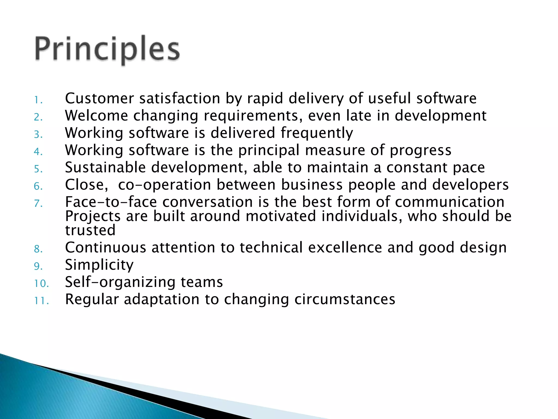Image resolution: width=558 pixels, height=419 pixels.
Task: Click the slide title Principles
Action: point(107,49)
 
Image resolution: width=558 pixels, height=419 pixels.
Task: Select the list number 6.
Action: point(38,186)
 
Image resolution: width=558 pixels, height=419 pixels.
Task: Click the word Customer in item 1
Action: point(99,98)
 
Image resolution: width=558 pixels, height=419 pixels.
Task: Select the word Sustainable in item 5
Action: point(105,167)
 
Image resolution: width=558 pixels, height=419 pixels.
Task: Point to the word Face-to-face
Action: point(111,202)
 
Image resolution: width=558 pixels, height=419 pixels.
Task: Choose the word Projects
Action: point(93,217)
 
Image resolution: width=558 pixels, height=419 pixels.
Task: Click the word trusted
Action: point(90,230)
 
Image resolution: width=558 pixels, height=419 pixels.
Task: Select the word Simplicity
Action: point(99,265)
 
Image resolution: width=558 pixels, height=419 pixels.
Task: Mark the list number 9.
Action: point(38,266)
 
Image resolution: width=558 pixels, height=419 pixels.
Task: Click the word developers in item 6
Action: point(470,185)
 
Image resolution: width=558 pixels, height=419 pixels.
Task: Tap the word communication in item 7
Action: point(450,202)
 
